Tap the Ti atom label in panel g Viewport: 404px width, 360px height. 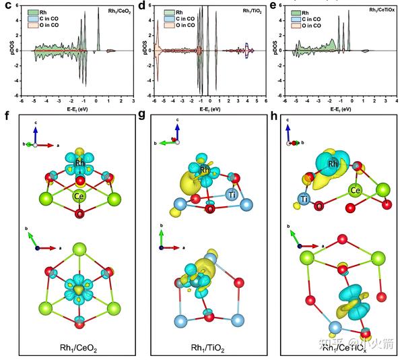231,194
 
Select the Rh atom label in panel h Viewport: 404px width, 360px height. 333,164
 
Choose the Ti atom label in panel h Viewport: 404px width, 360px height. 305,199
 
